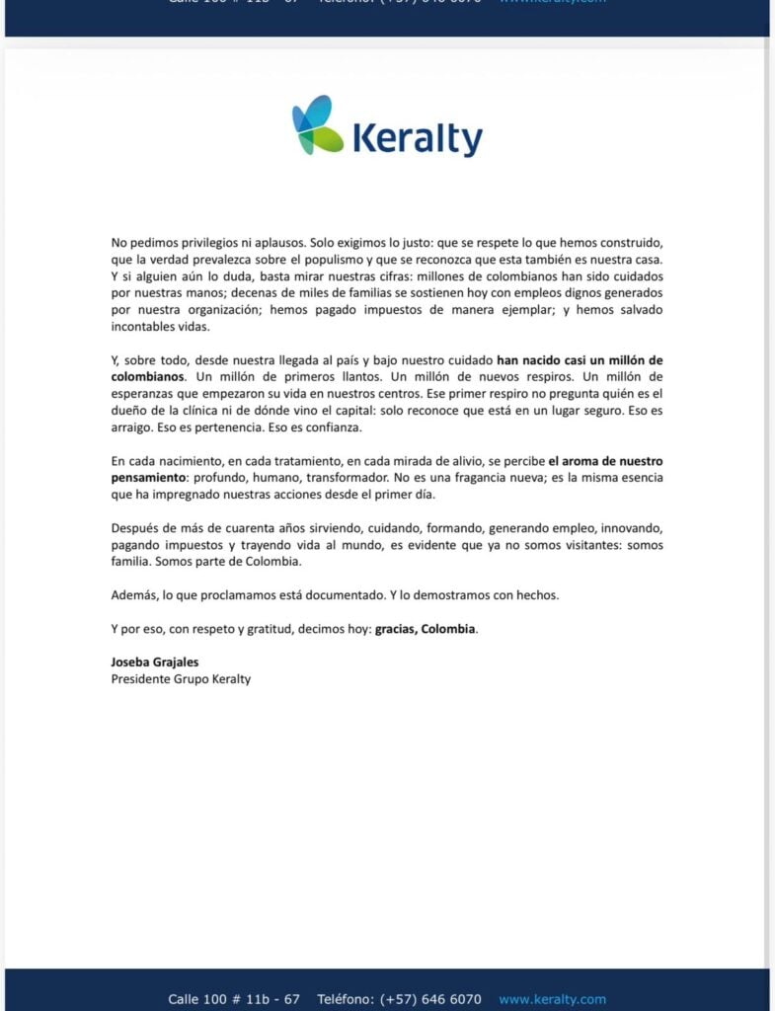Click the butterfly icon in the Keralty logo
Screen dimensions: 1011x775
click(x=317, y=125)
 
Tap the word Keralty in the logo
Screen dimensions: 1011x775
click(x=417, y=139)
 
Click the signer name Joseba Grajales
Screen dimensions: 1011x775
click(x=155, y=661)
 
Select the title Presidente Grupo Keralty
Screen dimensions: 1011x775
click(x=181, y=678)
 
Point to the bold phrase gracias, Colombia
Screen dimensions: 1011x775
click(x=425, y=629)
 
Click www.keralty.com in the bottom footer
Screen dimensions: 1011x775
click(x=552, y=999)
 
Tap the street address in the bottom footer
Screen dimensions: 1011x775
click(x=234, y=999)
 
